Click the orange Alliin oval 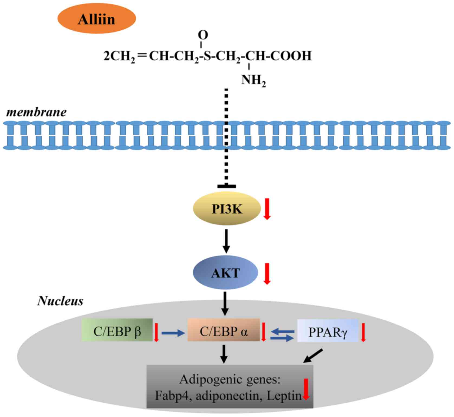pos(96,19)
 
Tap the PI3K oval pos(227,209)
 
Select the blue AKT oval pos(225,273)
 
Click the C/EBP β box pos(117,330)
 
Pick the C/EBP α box pos(224,330)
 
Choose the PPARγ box pos(328,331)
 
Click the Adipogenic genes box pos(230,387)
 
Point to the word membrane pos(36,112)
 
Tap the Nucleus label pos(60,301)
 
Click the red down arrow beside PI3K pos(267,209)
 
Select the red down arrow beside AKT pos(267,273)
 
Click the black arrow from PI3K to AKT pos(226,241)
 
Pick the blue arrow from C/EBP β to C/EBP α pos(173,333)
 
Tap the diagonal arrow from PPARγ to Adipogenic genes pos(313,356)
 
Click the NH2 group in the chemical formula pos(253,80)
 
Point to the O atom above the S pos(203,35)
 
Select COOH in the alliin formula pos(291,56)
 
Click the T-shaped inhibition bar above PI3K pos(227,186)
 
